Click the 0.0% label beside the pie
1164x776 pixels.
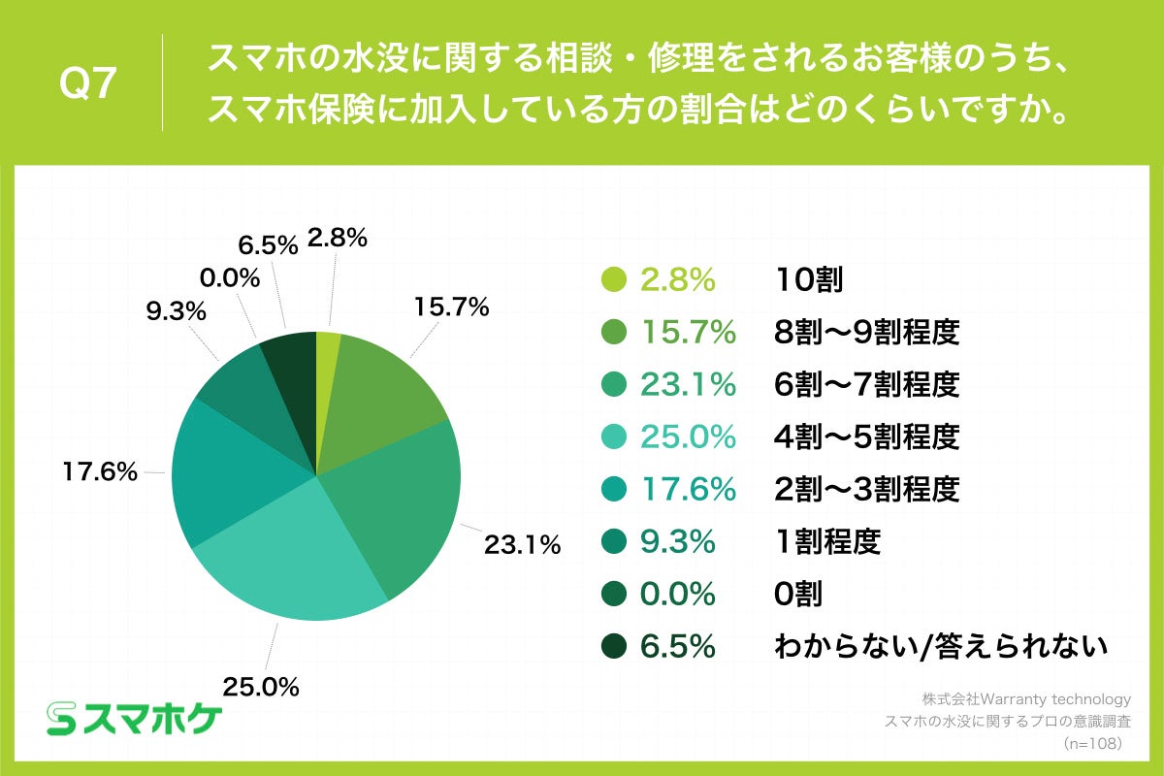click(229, 278)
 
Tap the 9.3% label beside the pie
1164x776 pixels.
click(176, 312)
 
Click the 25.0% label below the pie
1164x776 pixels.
click(260, 688)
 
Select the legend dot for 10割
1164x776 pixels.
click(612, 280)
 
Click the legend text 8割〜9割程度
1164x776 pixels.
click(867, 333)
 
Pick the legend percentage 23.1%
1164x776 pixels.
click(688, 385)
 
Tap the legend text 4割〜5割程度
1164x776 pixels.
click(867, 437)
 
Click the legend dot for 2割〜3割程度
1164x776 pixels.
click(612, 490)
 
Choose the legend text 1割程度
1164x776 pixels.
click(827, 541)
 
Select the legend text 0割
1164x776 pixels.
click(798, 594)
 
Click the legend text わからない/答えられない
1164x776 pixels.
click(940, 646)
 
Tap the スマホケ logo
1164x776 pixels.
click(136, 718)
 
